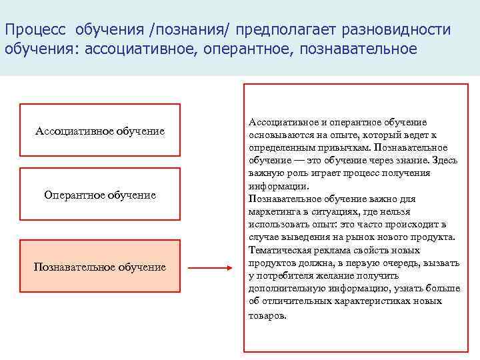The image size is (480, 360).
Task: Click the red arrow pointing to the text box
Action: [209, 269]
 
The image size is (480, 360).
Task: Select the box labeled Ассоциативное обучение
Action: [100, 131]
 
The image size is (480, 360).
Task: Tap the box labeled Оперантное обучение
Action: [100, 195]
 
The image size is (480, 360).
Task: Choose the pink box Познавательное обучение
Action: [100, 267]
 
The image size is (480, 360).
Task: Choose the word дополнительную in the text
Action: [286, 289]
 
